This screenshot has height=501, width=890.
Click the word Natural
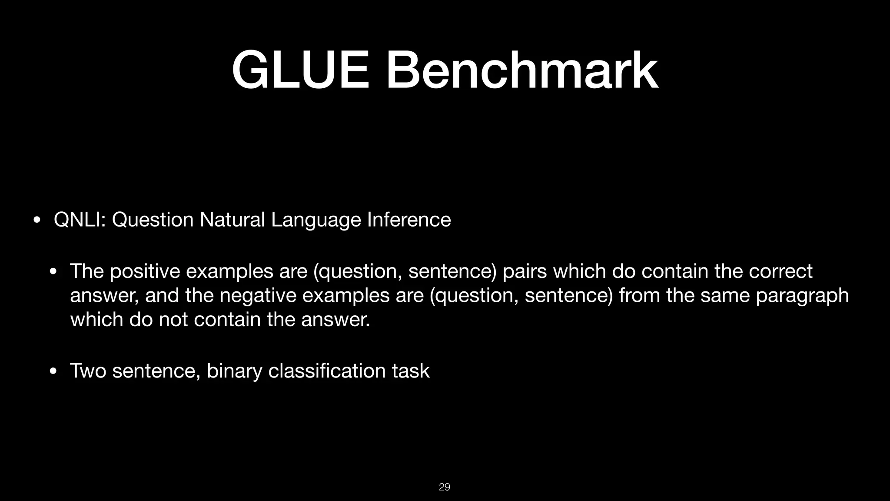point(232,220)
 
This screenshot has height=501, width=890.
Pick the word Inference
point(409,220)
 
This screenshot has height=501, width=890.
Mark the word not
point(173,320)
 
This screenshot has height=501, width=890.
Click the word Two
point(88,371)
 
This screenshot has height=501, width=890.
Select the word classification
point(327,371)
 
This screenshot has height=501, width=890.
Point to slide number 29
point(445,487)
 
